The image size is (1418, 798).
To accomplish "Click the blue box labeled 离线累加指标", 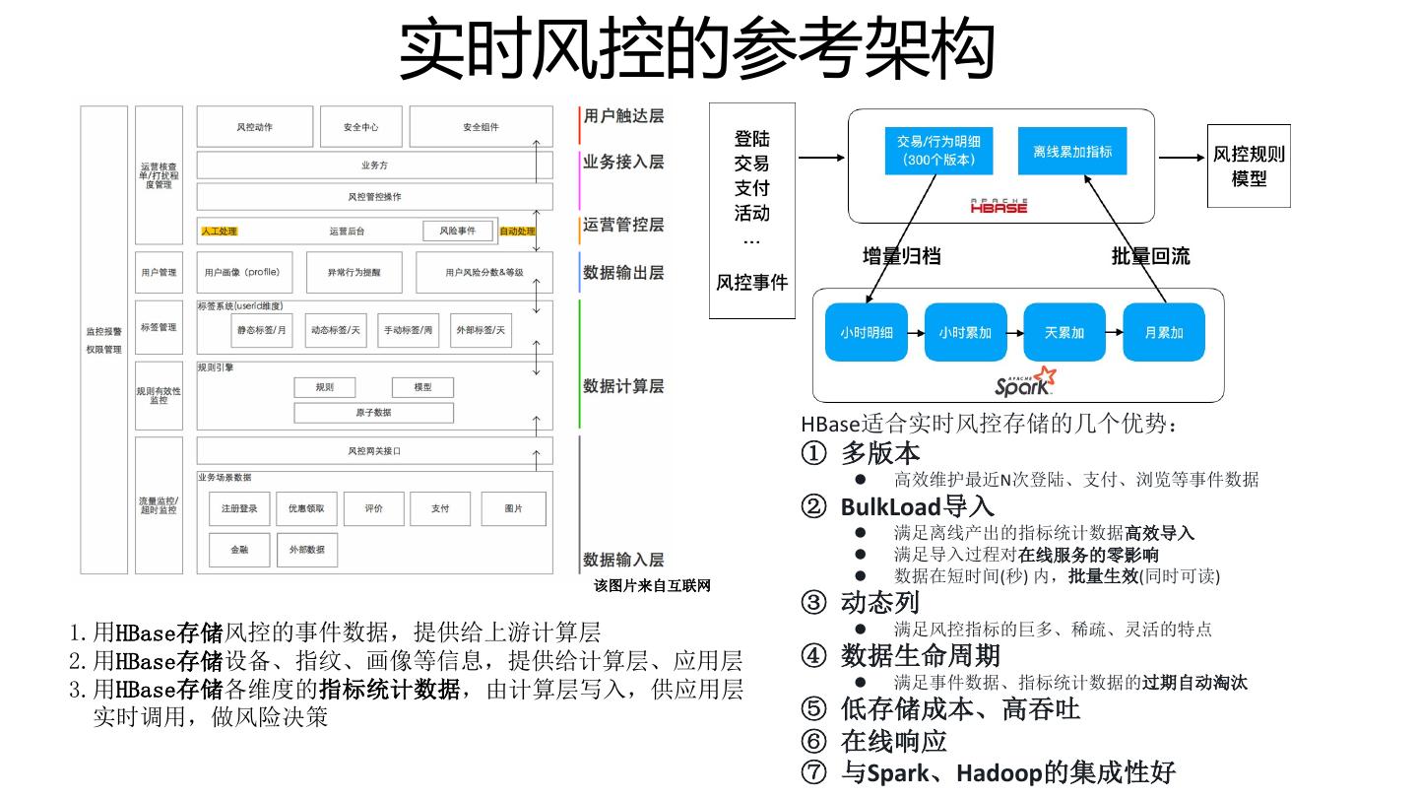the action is pyautogui.click(x=1072, y=152).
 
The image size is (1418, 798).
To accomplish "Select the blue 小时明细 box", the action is pyautogui.click(x=867, y=333).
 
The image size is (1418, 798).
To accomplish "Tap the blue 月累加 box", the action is pyautogui.click(x=1164, y=333).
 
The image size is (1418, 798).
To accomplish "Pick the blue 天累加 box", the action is pyautogui.click(x=1064, y=333).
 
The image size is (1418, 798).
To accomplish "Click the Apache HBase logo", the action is pyautogui.click(x=999, y=205).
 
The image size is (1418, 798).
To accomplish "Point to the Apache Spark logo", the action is pyautogui.click(x=1025, y=382).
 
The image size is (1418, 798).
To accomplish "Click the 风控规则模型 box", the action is pyautogui.click(x=1249, y=166).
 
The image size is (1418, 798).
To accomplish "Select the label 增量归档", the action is pyautogui.click(x=901, y=256).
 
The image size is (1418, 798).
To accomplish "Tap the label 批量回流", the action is pyautogui.click(x=1150, y=256).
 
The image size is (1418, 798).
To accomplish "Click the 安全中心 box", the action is pyautogui.click(x=360, y=127).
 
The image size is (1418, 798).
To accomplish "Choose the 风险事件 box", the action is pyautogui.click(x=457, y=231).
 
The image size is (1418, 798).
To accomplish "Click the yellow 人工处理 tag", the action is pyautogui.click(x=219, y=232).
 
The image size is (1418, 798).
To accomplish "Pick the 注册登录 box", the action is pyautogui.click(x=239, y=508).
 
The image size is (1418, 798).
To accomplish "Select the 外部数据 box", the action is pyautogui.click(x=306, y=550).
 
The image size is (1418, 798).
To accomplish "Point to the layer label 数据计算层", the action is pyautogui.click(x=623, y=386).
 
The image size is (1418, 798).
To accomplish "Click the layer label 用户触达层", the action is pyautogui.click(x=623, y=116).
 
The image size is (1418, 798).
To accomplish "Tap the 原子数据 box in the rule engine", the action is pyautogui.click(x=373, y=412).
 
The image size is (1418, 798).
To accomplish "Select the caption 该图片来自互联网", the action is pyautogui.click(x=652, y=586).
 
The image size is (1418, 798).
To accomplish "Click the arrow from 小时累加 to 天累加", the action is pyautogui.click(x=1015, y=333).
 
